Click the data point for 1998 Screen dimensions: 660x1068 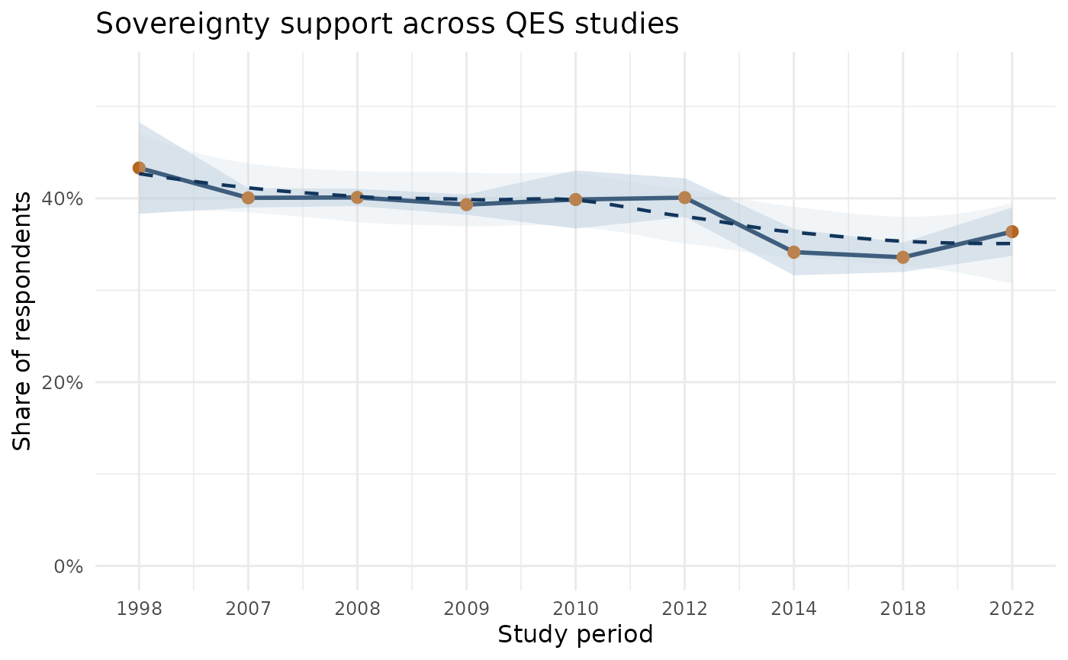139,168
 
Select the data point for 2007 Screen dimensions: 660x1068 248,198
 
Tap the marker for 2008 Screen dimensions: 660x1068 357,197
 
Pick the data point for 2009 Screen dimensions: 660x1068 466,204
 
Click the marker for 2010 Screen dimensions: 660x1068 575,199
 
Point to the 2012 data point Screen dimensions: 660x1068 684,198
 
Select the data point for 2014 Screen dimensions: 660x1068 793,252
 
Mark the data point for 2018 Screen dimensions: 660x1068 902,257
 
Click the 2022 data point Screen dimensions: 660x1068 1012,231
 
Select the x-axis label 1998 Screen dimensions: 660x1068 139,609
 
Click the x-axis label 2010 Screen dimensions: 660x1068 575,609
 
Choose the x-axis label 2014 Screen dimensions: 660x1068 793,609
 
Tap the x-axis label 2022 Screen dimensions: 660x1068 1012,609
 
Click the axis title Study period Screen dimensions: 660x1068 575,634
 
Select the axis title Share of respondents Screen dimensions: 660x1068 23,320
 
